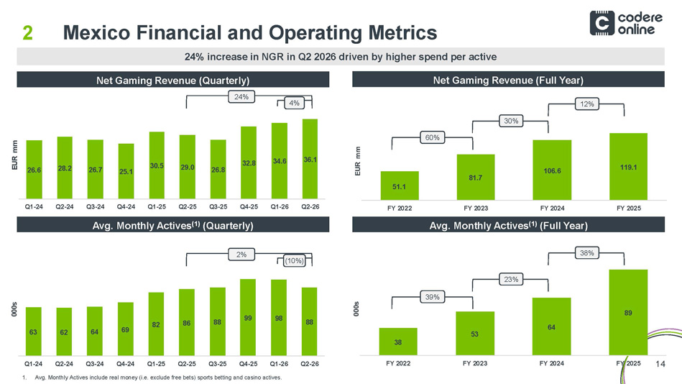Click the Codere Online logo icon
[x=602, y=23]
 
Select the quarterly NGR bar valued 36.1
[x=310, y=159]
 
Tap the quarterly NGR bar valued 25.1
[x=126, y=171]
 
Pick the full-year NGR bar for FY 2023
[x=476, y=177]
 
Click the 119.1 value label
[x=629, y=167]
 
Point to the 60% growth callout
[x=432, y=137]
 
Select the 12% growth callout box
[x=586, y=104]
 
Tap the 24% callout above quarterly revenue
[x=241, y=96]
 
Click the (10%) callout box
[x=294, y=261]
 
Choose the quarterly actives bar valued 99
[x=248, y=317]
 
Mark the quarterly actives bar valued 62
[x=64, y=332]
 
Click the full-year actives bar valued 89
[x=628, y=312]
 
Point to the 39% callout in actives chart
[x=432, y=297]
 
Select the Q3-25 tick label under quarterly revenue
[x=218, y=207]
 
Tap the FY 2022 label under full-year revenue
[x=400, y=208]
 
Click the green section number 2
[x=27, y=32]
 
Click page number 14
[x=660, y=364]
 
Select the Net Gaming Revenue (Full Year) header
[x=508, y=80]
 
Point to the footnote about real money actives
[x=152, y=378]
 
